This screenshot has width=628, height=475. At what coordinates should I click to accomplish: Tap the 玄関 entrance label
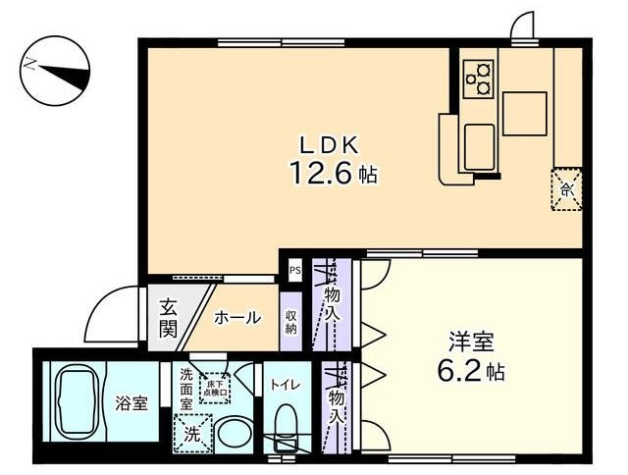point(167,319)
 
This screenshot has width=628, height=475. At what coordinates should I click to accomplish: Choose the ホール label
point(237,318)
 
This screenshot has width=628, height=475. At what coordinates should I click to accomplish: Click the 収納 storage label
point(291,321)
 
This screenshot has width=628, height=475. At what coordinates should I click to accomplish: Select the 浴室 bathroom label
point(132,402)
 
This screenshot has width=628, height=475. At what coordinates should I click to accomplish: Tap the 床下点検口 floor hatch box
point(215,388)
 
